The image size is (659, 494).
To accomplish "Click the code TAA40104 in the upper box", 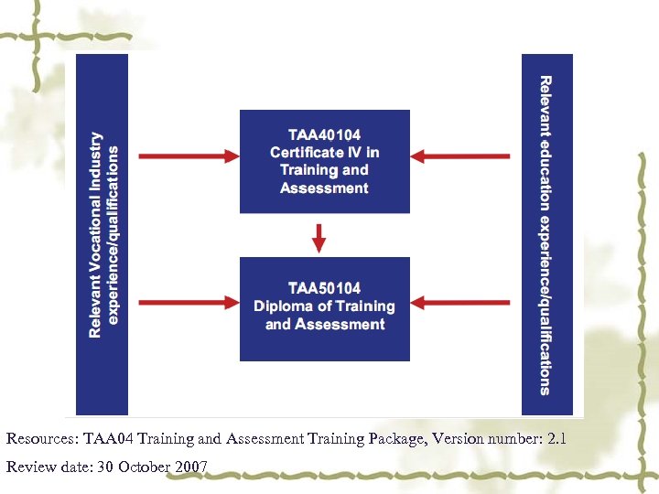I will (324, 134).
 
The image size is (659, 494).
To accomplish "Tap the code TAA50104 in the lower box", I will (324, 288).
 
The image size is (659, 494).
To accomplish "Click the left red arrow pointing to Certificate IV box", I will (187, 156).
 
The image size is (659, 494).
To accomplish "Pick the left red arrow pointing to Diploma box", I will (187, 302).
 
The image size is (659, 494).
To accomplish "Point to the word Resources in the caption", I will (39, 439).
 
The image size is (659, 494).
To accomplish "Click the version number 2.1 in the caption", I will (556, 439).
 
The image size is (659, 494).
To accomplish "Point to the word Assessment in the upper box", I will (324, 188).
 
